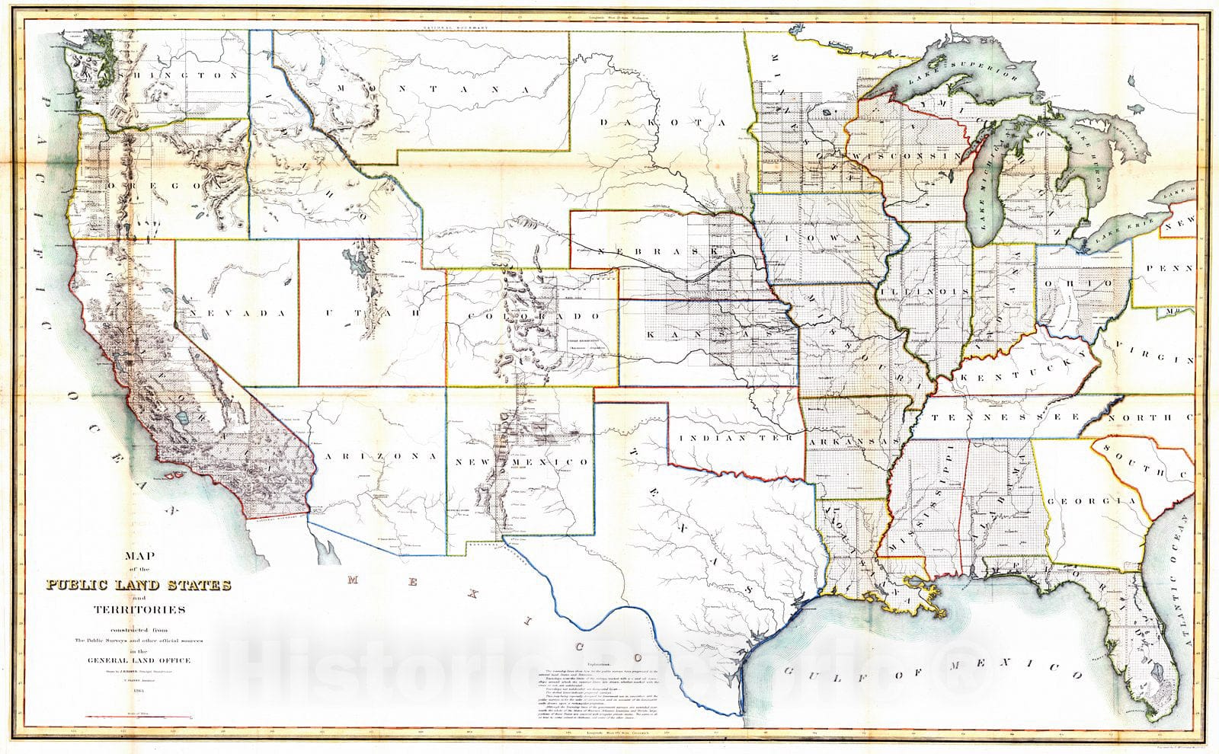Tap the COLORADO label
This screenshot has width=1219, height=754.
[537, 315]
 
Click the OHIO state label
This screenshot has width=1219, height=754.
[1082, 283]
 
